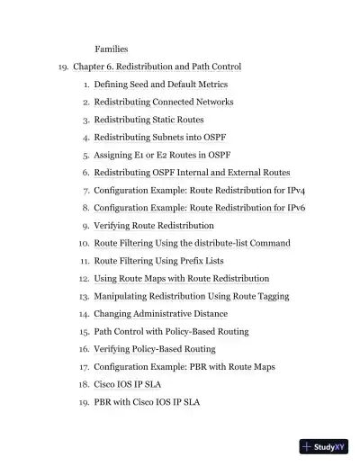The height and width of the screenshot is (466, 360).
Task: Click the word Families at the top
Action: (x=112, y=48)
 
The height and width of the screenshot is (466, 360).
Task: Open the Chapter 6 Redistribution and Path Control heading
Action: (x=157, y=66)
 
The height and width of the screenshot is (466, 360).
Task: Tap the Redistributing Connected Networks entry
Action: (x=164, y=102)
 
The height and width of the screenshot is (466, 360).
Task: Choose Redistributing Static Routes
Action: (x=148, y=119)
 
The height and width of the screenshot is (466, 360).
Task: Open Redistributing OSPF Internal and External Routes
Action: (x=192, y=172)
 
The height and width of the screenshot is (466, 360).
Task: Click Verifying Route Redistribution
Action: (x=154, y=225)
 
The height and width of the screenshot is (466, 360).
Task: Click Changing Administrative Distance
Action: (x=160, y=314)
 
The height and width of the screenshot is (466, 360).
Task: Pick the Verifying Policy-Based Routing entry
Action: (x=155, y=349)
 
